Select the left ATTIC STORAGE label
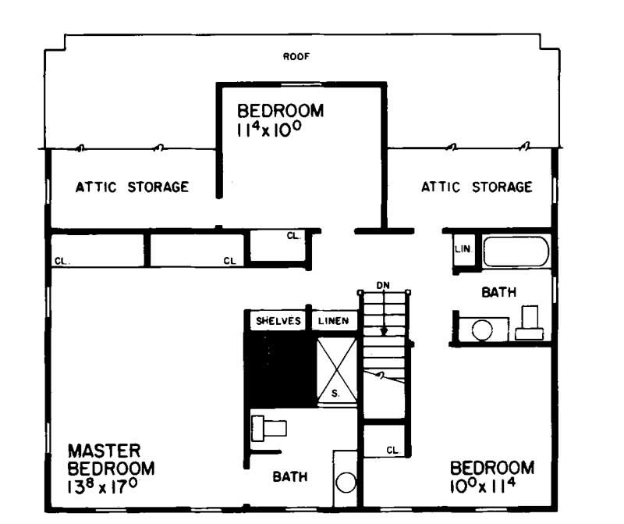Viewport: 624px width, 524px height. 132,187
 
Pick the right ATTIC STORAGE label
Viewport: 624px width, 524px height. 477,187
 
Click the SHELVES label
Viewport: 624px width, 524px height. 278,321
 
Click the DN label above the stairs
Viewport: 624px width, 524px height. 382,286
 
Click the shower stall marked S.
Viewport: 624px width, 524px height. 335,372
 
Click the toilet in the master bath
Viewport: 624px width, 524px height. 269,428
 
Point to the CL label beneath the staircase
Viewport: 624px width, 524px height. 392,451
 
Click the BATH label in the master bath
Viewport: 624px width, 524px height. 289,476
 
